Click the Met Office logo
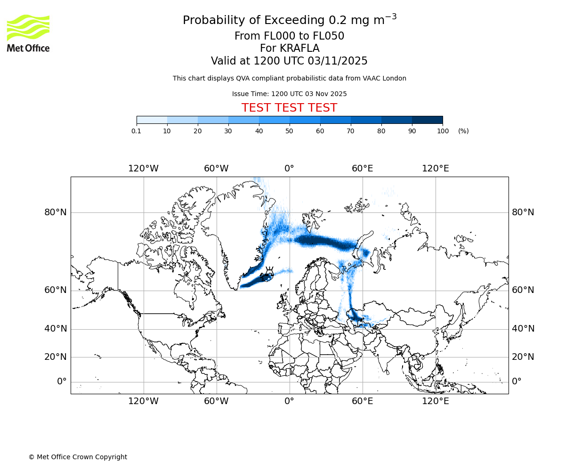[28, 33]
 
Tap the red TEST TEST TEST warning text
[289, 108]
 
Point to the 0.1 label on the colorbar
[136, 131]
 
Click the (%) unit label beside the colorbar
[463, 131]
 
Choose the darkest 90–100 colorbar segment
[427, 120]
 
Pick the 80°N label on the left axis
[56, 212]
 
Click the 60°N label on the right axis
[523, 290]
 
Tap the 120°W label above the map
[143, 169]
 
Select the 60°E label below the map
[362, 401]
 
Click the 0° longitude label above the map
[289, 169]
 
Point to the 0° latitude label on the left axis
[62, 382]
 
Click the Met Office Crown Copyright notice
[78, 457]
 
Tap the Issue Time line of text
[289, 94]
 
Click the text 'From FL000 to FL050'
[289, 36]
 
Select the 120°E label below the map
[435, 401]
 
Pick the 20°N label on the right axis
[523, 357]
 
